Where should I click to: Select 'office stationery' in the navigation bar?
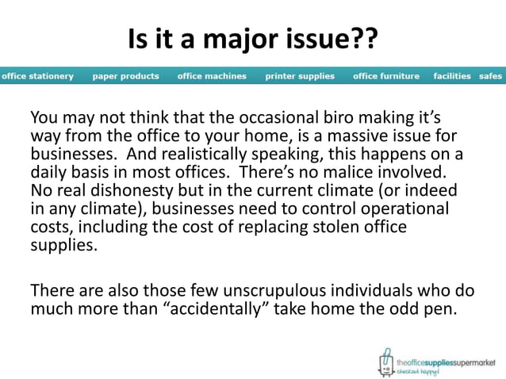37,76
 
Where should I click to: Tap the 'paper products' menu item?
125,76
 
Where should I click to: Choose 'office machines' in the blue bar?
212,76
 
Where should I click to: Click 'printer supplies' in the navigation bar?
300,76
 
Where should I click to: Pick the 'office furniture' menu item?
386,76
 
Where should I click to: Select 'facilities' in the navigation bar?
452,76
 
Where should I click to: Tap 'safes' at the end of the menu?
490,76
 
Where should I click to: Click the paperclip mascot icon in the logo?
385,361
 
